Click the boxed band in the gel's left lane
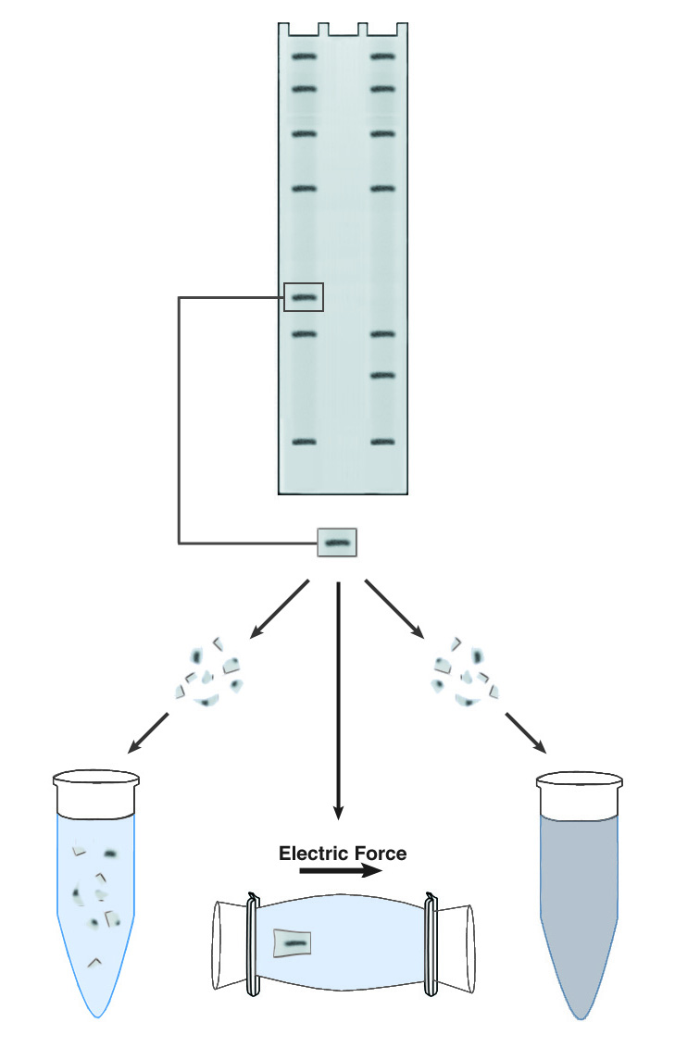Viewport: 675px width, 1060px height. point(305,297)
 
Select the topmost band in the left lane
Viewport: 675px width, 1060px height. point(305,56)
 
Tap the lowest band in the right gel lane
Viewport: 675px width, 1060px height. point(383,443)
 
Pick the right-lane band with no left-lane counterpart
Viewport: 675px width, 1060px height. point(383,375)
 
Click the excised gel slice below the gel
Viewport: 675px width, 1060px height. point(337,542)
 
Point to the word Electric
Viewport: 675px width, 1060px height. point(309,853)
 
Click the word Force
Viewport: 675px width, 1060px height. point(375,853)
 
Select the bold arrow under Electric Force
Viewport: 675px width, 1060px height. point(339,871)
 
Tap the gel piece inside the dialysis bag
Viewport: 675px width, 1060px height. point(294,943)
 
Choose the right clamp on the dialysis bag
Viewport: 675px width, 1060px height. point(430,943)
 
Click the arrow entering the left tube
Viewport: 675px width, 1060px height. point(149,732)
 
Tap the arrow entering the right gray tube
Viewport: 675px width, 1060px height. point(526,732)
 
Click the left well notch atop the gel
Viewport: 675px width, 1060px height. point(323,28)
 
